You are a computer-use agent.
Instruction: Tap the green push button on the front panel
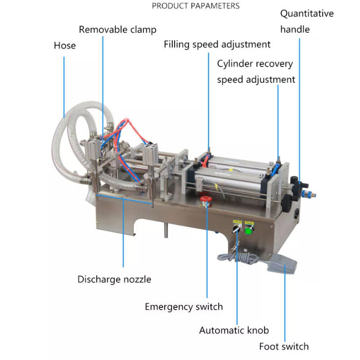pyautogui.click(x=248, y=231)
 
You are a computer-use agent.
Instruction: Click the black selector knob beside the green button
pyautogui.click(x=236, y=229)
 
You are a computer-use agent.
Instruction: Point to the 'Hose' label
pyautogui.click(x=65, y=45)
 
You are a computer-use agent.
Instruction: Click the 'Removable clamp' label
pyautogui.click(x=117, y=30)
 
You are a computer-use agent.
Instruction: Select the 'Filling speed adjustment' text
pyautogui.click(x=217, y=44)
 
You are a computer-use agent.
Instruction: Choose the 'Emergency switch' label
pyautogui.click(x=184, y=307)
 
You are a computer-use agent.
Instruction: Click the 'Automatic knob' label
pyautogui.click(x=234, y=330)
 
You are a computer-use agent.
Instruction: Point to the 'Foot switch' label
pyautogui.click(x=283, y=346)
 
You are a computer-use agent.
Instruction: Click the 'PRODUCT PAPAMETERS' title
pyautogui.click(x=196, y=6)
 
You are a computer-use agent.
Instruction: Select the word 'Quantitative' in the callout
pyautogui.click(x=307, y=13)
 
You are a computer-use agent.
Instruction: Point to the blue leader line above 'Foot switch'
pyautogui.click(x=284, y=306)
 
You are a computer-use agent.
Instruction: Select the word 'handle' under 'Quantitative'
pyautogui.click(x=295, y=30)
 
